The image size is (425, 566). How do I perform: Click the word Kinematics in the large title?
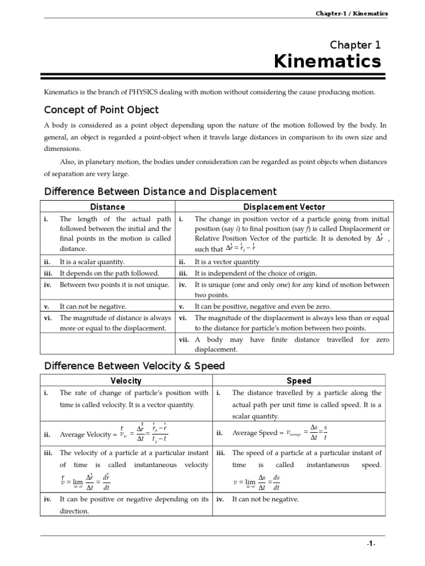[x=328, y=62]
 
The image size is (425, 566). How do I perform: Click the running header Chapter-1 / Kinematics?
[x=351, y=13]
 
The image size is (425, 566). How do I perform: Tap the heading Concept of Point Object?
[x=101, y=109]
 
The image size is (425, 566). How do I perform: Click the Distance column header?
[x=107, y=207]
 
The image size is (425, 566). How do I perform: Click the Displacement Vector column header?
[x=283, y=207]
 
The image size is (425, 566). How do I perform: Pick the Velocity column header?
[x=126, y=381]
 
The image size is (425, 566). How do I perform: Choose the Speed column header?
[x=299, y=381]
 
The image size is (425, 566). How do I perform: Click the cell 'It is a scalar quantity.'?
[x=92, y=262]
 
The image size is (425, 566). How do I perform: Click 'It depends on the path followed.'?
[x=109, y=273]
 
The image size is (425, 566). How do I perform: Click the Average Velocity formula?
[x=113, y=433]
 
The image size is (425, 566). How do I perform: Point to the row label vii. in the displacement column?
[x=184, y=339]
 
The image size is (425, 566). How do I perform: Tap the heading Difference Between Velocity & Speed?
[x=134, y=366]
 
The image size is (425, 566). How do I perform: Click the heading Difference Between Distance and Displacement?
[x=160, y=192]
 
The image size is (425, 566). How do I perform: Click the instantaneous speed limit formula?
[x=257, y=482]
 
